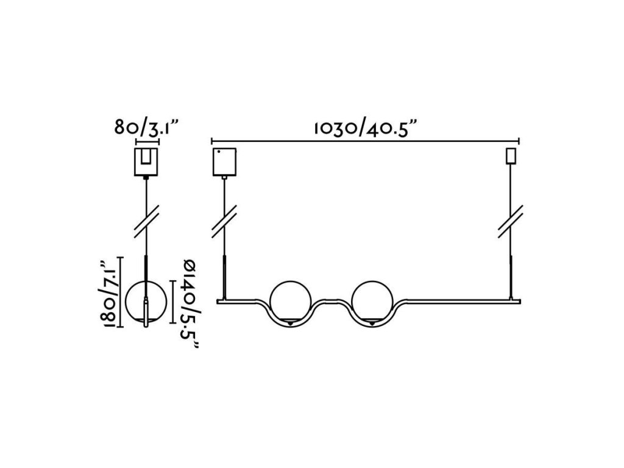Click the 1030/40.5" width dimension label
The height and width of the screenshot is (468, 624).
click(365, 129)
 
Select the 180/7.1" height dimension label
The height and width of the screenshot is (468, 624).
click(110, 293)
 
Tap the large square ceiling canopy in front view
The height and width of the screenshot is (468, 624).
click(224, 161)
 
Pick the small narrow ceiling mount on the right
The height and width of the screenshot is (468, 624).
click(511, 156)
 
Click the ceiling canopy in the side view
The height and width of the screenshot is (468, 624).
click(146, 161)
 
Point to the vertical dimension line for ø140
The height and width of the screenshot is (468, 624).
click(175, 302)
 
